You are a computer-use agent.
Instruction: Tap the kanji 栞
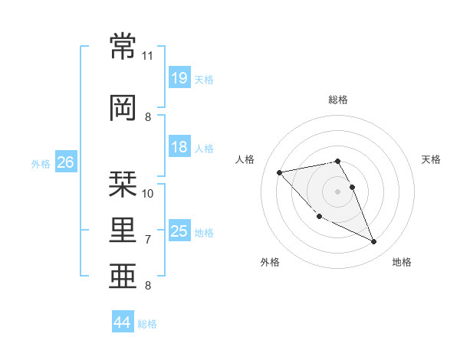[x=123, y=183]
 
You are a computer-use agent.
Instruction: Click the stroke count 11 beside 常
[x=148, y=56]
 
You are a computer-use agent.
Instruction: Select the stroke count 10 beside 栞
[x=148, y=193]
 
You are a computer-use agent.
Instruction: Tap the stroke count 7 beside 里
[x=148, y=240]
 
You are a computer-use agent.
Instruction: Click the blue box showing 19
[x=179, y=78]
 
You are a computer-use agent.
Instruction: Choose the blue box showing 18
[x=179, y=147]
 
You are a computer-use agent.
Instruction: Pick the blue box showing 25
[x=179, y=231]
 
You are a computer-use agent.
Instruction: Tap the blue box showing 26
[x=65, y=162]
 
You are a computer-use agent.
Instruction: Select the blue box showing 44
[x=122, y=323]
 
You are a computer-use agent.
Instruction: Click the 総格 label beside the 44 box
[x=147, y=324]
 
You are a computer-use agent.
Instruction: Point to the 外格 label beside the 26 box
[x=41, y=163]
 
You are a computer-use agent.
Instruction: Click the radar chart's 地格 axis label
[x=402, y=262]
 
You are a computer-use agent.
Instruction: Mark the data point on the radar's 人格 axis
[x=279, y=172]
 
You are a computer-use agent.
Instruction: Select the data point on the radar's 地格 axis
[x=374, y=242]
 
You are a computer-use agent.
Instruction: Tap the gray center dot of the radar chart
[x=337, y=191]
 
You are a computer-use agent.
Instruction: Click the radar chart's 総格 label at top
[x=337, y=100]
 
